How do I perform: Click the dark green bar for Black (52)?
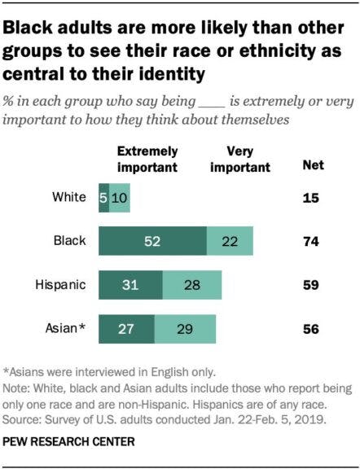tap(152, 242)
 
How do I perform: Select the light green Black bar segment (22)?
tap(229, 242)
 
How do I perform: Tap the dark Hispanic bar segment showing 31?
tap(130, 286)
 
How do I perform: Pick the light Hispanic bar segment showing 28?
tap(191, 286)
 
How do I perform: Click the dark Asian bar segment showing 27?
tap(127, 330)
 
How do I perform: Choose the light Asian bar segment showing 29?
tap(186, 330)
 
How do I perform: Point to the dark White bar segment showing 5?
tap(103, 197)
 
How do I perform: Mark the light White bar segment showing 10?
tap(119, 197)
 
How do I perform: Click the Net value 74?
tap(310, 242)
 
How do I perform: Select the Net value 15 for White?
tap(310, 197)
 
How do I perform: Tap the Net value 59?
tap(310, 286)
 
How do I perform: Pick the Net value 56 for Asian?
tap(310, 330)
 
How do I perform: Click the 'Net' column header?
tap(312, 165)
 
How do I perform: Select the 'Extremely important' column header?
tap(147, 160)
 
